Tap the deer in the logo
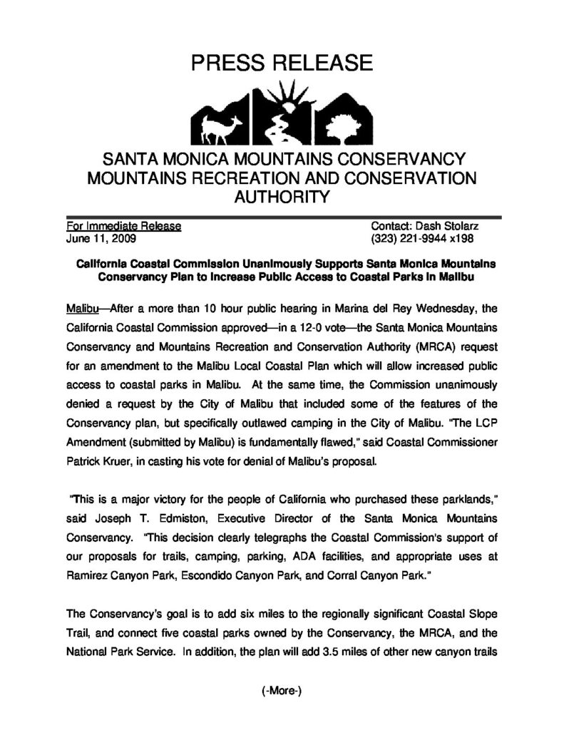point(213,128)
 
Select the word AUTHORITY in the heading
point(282,197)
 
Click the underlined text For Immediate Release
point(123,227)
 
